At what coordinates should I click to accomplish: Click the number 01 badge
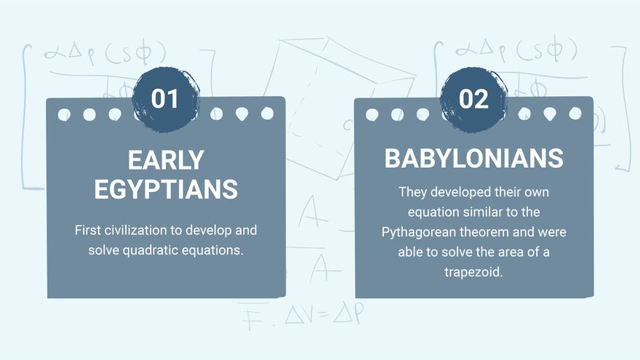click(165, 99)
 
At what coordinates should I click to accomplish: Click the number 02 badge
click(473, 99)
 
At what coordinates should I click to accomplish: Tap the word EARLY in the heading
click(166, 160)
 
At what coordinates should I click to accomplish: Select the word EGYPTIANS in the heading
click(166, 188)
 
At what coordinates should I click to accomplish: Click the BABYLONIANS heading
click(473, 159)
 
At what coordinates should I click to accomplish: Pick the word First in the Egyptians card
click(87, 231)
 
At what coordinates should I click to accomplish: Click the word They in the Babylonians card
click(413, 193)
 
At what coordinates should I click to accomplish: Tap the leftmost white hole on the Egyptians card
click(64, 114)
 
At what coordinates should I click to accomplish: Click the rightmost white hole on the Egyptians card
click(267, 113)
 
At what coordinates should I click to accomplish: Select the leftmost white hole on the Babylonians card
click(372, 114)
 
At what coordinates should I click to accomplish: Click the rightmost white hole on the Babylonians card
click(575, 113)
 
